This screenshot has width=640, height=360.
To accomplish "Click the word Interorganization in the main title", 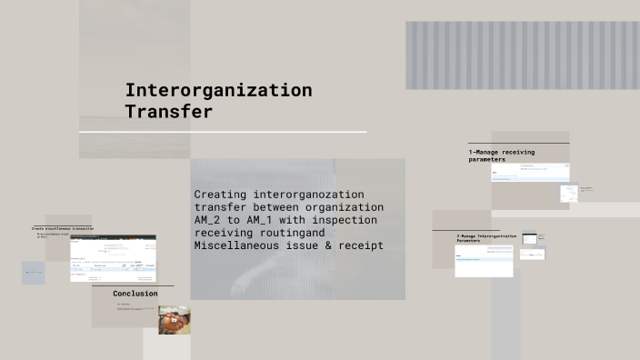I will [x=218, y=90].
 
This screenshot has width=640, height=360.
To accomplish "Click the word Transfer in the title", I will [x=169, y=112].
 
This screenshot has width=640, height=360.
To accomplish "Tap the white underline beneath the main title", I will [x=223, y=132].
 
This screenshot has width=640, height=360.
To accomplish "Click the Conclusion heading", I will [x=135, y=294].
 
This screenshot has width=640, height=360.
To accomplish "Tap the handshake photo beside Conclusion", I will [x=174, y=319].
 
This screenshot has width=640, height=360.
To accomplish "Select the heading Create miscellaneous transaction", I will [x=62, y=228].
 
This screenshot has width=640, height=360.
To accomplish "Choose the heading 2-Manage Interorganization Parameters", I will [x=485, y=237].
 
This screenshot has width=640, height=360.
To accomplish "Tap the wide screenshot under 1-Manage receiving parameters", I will [x=530, y=172].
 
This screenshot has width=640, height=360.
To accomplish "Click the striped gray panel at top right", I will [x=522, y=55].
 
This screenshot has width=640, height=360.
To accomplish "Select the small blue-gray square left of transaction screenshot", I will [x=33, y=273].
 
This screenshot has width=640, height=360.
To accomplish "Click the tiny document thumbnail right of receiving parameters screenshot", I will [x=568, y=193].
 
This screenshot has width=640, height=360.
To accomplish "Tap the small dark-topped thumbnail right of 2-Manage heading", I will [x=529, y=238].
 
